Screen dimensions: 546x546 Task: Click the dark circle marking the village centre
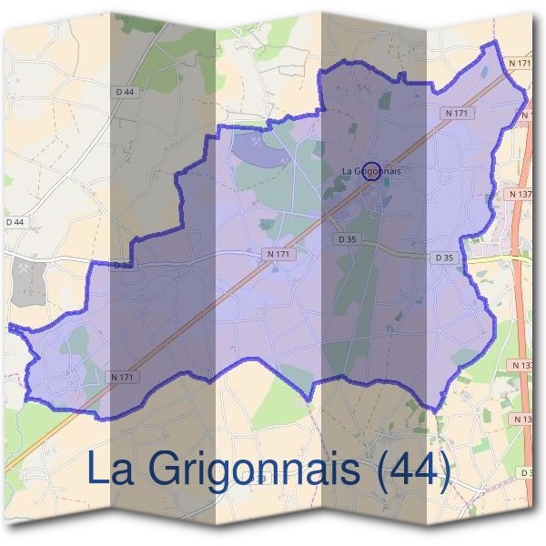pos(370,170)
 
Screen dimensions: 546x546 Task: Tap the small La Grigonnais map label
pos(371,170)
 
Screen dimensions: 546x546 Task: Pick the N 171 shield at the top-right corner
pos(520,63)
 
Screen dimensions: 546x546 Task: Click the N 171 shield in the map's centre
pos(278,255)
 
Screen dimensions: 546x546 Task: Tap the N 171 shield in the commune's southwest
pos(125,377)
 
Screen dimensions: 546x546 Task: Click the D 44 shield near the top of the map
pos(126,92)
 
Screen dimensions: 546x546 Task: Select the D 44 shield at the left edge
pos(15,221)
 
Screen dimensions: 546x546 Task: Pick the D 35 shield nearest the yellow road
pos(444,258)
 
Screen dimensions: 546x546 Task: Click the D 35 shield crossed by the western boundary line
pos(124,265)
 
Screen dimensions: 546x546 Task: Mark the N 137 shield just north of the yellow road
pos(521,195)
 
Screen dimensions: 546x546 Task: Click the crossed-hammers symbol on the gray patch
pos(22,269)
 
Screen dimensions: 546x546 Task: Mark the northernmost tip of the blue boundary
pos(495,43)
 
